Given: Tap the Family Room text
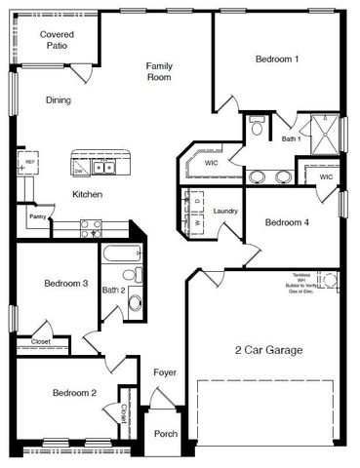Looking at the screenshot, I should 159,72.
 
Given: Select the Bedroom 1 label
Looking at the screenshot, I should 277,59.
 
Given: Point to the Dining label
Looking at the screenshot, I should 58,99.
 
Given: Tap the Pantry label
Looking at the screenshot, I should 38,216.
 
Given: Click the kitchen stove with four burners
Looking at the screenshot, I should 91,229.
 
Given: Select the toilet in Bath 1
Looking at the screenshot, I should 257,126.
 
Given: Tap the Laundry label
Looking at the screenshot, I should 226,211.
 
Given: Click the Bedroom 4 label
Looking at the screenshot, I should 287,222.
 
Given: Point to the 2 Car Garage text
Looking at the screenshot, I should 268,350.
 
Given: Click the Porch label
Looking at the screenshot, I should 166,435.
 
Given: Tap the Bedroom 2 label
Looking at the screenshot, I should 74,393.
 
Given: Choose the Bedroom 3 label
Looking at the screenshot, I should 66,284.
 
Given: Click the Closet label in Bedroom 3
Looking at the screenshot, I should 41,342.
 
